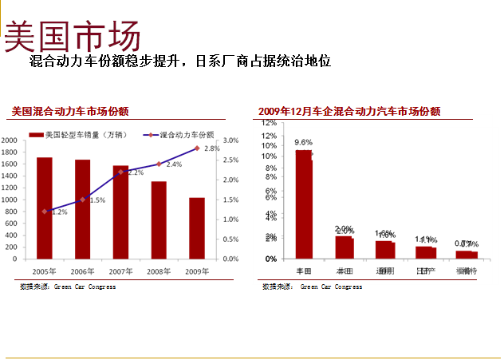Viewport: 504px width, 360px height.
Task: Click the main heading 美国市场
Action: coord(73,36)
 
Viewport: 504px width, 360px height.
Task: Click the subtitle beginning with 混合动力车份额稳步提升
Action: coord(179,61)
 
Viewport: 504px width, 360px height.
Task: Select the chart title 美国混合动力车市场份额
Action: coord(70,112)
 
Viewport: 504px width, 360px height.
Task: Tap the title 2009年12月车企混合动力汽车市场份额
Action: coord(349,112)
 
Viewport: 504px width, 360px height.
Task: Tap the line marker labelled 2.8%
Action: coord(196,148)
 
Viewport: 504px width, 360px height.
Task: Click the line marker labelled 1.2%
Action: coord(45,211)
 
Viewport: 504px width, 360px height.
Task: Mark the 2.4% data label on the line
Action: coord(174,164)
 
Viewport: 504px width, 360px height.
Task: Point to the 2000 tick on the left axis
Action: coord(10,140)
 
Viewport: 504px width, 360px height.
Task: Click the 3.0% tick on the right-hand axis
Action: coord(230,140)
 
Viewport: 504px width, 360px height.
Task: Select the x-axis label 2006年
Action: coord(82,271)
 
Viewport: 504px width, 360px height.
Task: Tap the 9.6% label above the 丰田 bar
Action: coord(303,142)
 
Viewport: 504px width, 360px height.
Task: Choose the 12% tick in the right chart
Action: coord(270,123)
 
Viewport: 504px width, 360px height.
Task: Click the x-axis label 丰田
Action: coord(303,271)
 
